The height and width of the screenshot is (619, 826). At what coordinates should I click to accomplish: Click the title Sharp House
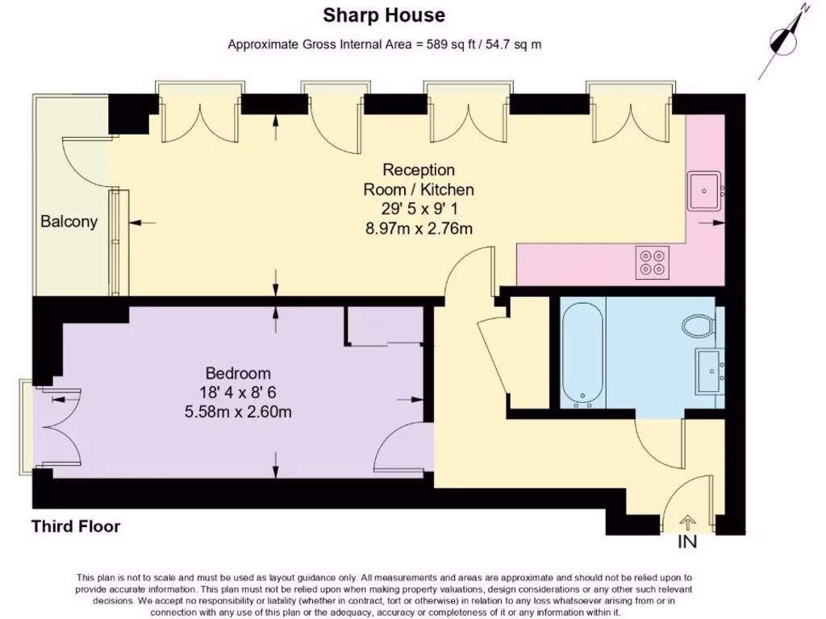pyautogui.click(x=384, y=15)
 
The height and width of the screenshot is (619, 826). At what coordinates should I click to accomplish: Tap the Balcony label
pyautogui.click(x=69, y=222)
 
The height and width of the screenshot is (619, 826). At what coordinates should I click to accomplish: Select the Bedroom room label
pyautogui.click(x=238, y=374)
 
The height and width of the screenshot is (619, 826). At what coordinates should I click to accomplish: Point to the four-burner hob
pyautogui.click(x=652, y=262)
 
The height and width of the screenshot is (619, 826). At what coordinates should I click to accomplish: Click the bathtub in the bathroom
pyautogui.click(x=582, y=352)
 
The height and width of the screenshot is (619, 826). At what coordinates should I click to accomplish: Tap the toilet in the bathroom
pyautogui.click(x=698, y=327)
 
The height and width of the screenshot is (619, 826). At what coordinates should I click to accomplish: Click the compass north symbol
pyautogui.click(x=785, y=39)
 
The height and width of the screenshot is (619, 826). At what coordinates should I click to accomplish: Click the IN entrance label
pyautogui.click(x=686, y=542)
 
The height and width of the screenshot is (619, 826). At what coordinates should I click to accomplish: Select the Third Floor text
pyautogui.click(x=76, y=527)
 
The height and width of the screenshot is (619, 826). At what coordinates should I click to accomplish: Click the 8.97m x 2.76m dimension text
pyautogui.click(x=419, y=229)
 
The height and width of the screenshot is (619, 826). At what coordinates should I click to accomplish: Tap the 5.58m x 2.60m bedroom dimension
pyautogui.click(x=238, y=413)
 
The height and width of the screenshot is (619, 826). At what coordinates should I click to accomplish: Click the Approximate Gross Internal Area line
pyautogui.click(x=384, y=44)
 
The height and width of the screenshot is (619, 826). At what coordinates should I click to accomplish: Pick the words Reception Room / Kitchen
pyautogui.click(x=419, y=180)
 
